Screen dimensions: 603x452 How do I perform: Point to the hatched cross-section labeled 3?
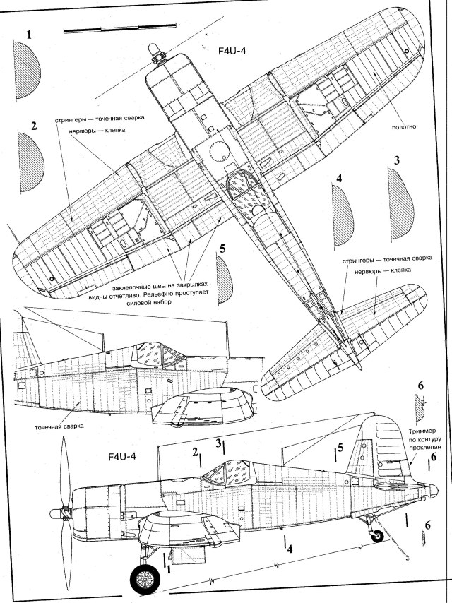399,201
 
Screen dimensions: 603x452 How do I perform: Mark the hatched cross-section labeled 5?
225,277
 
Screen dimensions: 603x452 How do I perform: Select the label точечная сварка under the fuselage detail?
58,427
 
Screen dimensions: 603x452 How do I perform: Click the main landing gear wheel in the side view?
145,580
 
